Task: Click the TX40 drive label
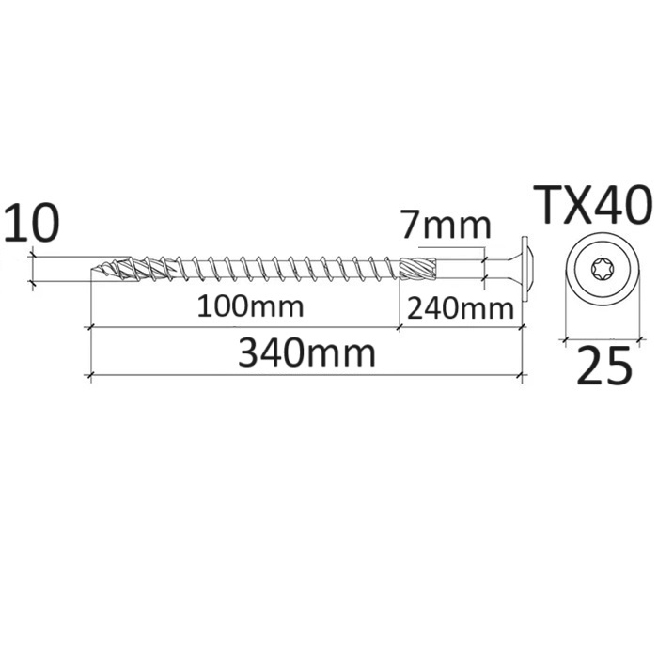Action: click(592, 205)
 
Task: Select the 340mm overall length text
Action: click(306, 354)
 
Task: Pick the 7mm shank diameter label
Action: click(445, 227)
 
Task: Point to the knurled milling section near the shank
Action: click(418, 269)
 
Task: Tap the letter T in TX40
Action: click(547, 205)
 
